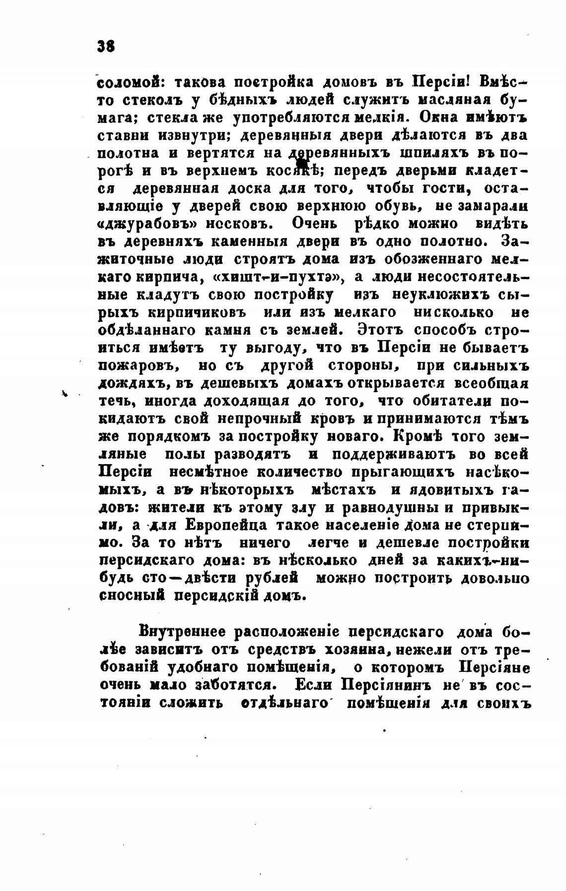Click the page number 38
point(107,47)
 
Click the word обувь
point(399,207)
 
